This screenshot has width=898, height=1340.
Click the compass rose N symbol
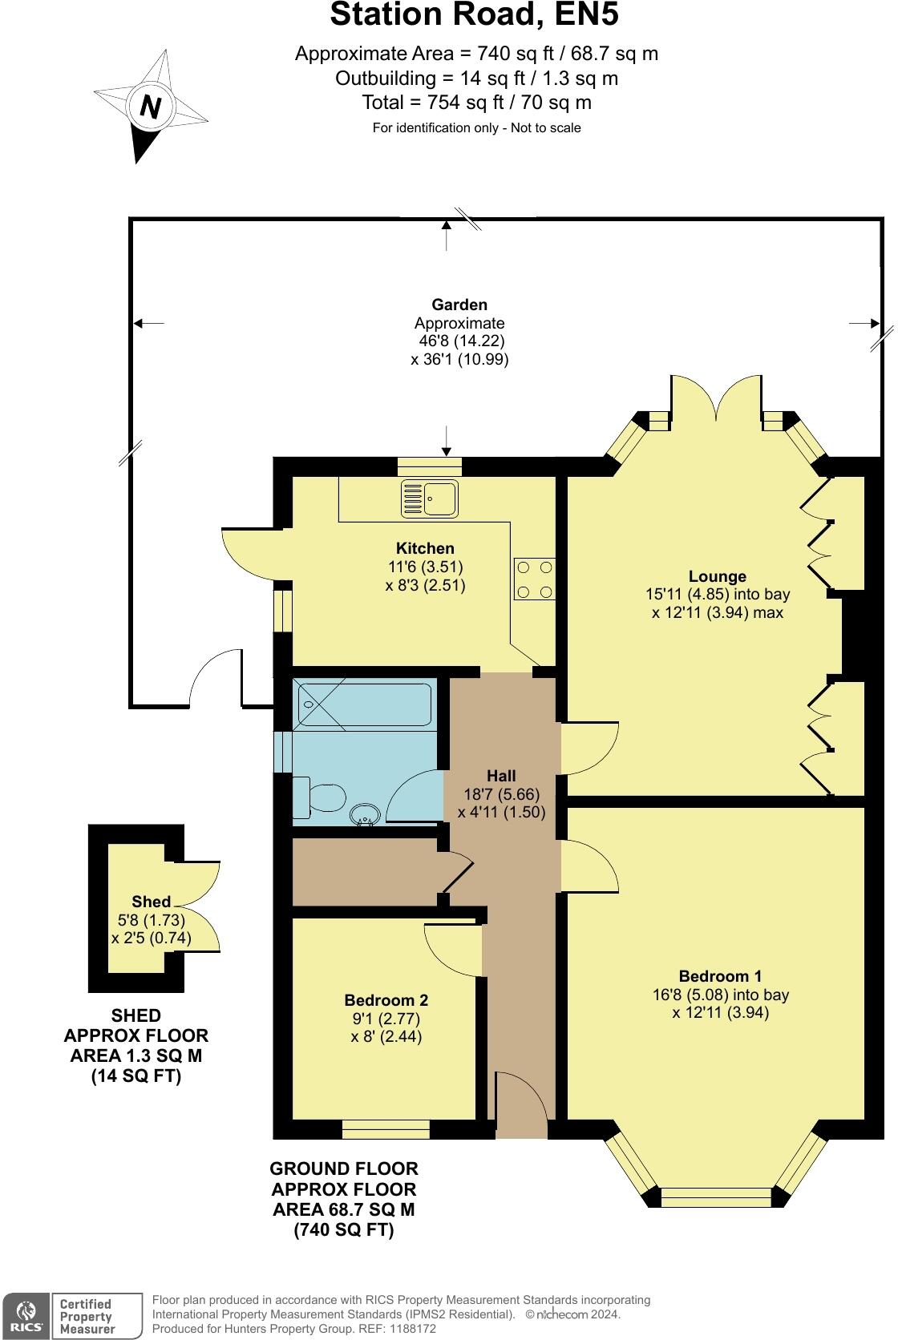(x=150, y=106)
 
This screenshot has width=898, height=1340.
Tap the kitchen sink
(x=430, y=498)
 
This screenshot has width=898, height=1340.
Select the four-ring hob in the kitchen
(x=535, y=579)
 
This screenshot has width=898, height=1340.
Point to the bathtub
(x=365, y=704)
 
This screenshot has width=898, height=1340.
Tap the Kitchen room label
(x=425, y=548)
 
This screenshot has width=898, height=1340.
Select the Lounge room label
(x=717, y=576)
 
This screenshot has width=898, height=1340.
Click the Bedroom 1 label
(x=719, y=976)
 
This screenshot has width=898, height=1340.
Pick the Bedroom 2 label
(x=386, y=1000)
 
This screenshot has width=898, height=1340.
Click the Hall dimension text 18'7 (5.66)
(x=502, y=794)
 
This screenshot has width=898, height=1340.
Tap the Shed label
(x=151, y=902)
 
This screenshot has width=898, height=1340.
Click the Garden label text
(x=459, y=305)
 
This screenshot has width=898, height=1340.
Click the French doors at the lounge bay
(x=714, y=397)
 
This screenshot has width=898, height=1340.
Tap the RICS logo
(x=26, y=1316)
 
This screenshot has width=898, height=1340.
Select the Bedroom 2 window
(x=386, y=1129)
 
